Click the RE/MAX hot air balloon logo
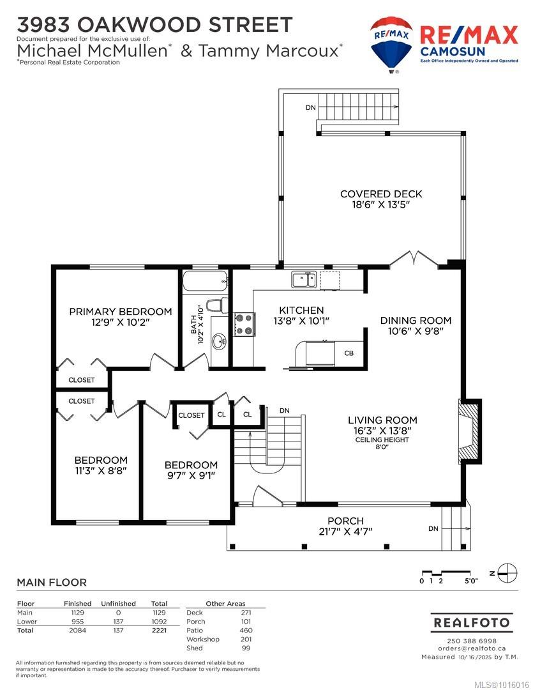[391, 44]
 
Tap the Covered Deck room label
[381, 194]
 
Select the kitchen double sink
[303, 280]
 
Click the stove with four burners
[244, 325]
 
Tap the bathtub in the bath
[206, 281]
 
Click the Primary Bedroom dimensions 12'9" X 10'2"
[121, 322]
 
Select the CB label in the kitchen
[349, 353]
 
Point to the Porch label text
[345, 521]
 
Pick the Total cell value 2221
[159, 630]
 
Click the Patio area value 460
[246, 630]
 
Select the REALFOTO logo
[472, 623]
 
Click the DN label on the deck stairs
[310, 107]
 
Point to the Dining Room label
[416, 320]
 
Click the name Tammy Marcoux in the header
[269, 51]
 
